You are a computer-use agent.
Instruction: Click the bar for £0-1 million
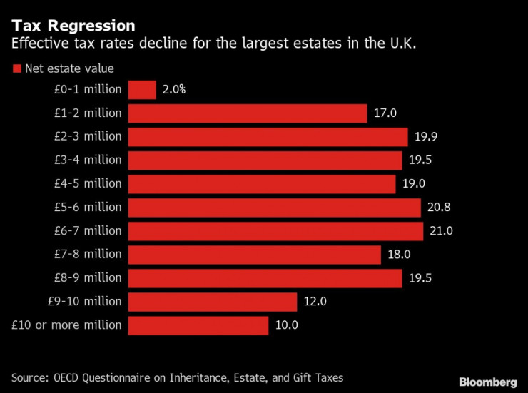tap(142, 90)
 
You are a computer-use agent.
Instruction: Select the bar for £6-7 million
tap(275, 231)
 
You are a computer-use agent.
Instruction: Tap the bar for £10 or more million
tap(198, 325)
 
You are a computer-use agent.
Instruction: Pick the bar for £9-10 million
tap(213, 302)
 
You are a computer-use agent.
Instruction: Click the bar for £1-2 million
tap(248, 113)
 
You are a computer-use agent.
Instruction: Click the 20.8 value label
tap(440, 208)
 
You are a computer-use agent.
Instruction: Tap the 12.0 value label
tap(315, 302)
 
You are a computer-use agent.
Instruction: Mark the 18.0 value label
tap(400, 255)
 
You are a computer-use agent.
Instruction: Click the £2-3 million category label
tap(87, 137)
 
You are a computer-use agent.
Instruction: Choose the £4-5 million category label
tap(87, 184)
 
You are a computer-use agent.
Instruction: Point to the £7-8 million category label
tap(87, 255)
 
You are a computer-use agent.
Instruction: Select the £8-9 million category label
tap(87, 278)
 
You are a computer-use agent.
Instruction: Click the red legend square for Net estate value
tap(16, 69)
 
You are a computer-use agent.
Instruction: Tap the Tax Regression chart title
tap(73, 26)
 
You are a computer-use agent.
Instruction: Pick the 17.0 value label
tap(385, 113)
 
